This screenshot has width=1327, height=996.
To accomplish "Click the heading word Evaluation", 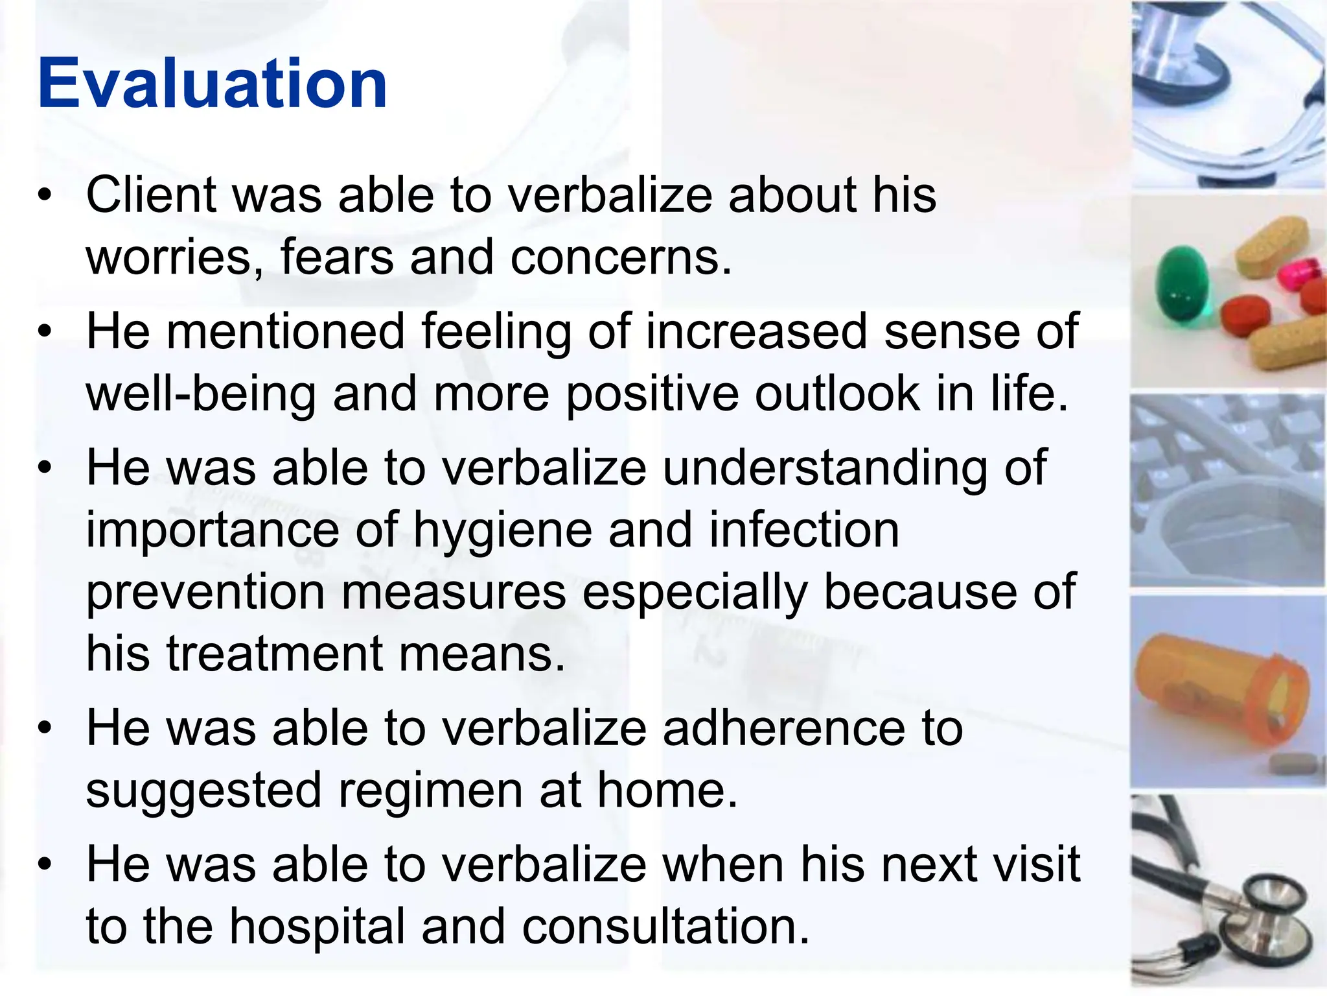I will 213,84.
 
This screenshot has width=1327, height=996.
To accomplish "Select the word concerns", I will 620,258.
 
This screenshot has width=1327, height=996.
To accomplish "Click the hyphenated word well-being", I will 201,395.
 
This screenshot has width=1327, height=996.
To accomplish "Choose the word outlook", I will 837,394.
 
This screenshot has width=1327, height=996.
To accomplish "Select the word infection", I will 803,530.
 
